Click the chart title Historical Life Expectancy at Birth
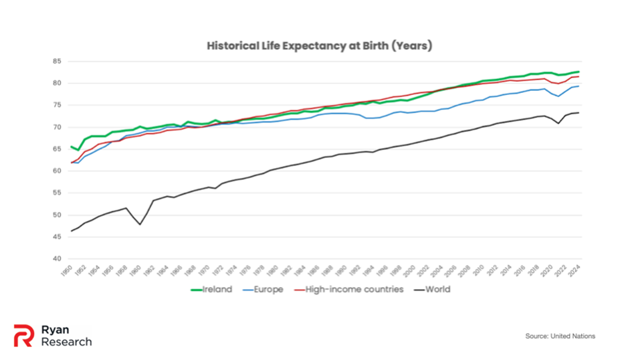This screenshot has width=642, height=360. (320, 46)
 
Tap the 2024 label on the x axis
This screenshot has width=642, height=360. (577, 272)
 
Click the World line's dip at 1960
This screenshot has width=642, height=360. (140, 224)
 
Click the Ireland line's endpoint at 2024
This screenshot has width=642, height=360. (578, 72)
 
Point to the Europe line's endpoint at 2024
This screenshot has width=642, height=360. (578, 86)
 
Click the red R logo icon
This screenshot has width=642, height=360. (23, 335)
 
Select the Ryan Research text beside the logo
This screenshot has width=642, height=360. (66, 335)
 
